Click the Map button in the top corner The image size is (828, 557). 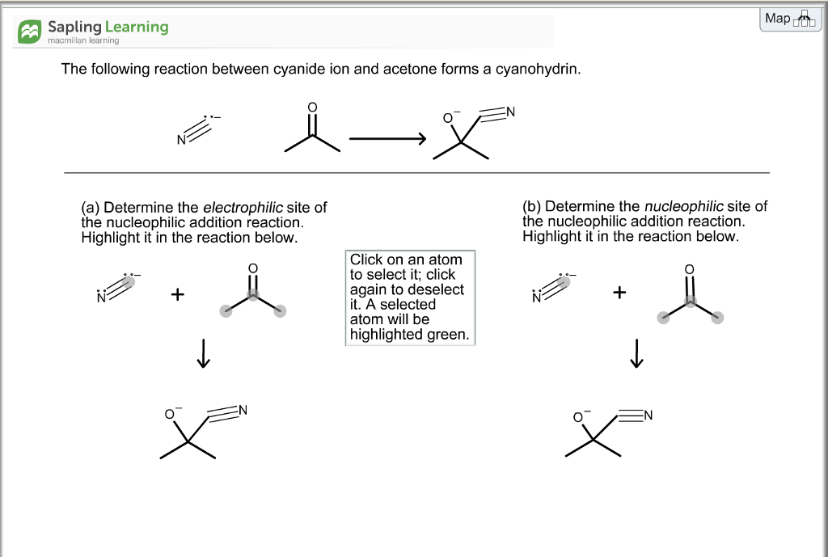[x=790, y=19]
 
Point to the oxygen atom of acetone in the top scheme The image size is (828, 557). [x=313, y=108]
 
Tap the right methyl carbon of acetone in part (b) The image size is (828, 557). [x=717, y=318]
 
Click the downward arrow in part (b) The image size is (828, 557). [x=637, y=352]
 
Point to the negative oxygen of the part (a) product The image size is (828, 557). [x=170, y=415]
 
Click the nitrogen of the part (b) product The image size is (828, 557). [x=647, y=416]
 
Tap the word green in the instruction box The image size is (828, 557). [x=449, y=335]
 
